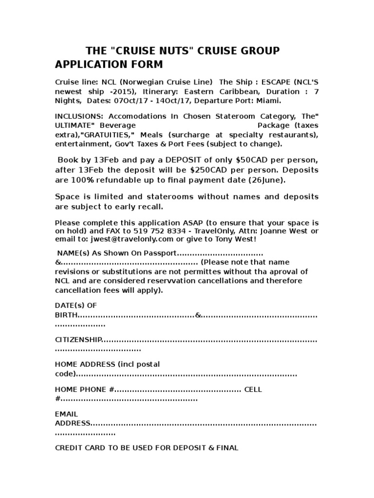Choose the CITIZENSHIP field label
click(78, 339)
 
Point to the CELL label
click(253, 390)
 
